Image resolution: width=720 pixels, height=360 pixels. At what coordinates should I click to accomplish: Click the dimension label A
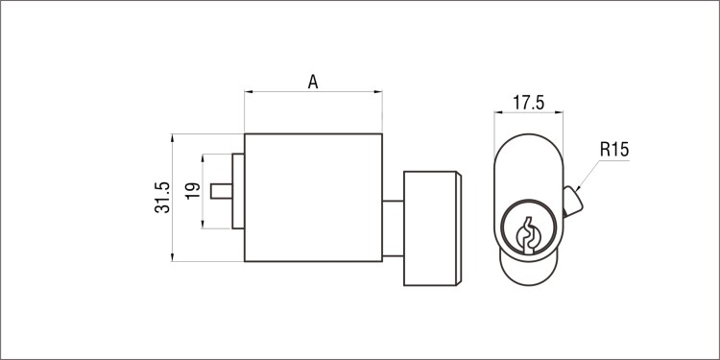click(x=313, y=83)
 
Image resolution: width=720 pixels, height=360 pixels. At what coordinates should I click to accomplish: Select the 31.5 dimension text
click(x=162, y=198)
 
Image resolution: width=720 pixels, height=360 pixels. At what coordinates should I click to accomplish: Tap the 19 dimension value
click(x=193, y=191)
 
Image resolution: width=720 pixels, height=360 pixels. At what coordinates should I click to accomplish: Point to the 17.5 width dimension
click(x=529, y=103)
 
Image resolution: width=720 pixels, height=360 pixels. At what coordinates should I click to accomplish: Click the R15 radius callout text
click(x=614, y=150)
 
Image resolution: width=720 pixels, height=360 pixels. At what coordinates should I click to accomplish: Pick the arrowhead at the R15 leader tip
click(x=578, y=187)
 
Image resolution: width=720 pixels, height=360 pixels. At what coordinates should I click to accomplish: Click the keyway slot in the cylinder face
click(x=529, y=235)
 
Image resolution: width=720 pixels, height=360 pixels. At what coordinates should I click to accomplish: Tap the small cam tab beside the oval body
click(x=572, y=202)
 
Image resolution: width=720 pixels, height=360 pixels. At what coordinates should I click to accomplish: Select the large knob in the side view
click(x=433, y=228)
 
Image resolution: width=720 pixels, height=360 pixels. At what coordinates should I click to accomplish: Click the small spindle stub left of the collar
click(x=222, y=191)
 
